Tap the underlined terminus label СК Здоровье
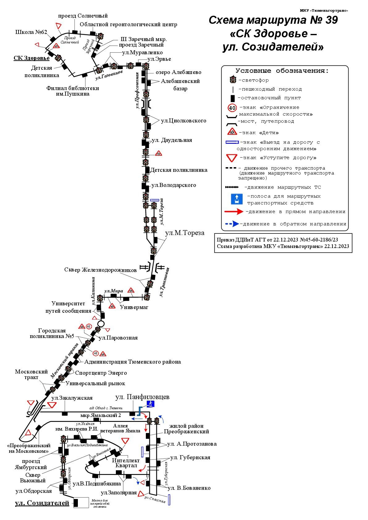point(32,58)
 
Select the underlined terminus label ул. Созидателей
point(42,503)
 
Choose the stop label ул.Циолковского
point(184,121)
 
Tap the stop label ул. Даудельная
point(172,140)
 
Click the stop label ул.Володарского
point(174,185)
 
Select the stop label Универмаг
point(134,307)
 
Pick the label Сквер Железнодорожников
point(100,270)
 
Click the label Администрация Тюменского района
point(133,362)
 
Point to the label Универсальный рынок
point(95,384)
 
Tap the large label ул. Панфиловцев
point(142,397)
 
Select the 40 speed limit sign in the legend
point(232,108)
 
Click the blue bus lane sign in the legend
point(237,199)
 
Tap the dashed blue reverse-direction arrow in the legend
point(232,224)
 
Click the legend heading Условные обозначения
point(282,71)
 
